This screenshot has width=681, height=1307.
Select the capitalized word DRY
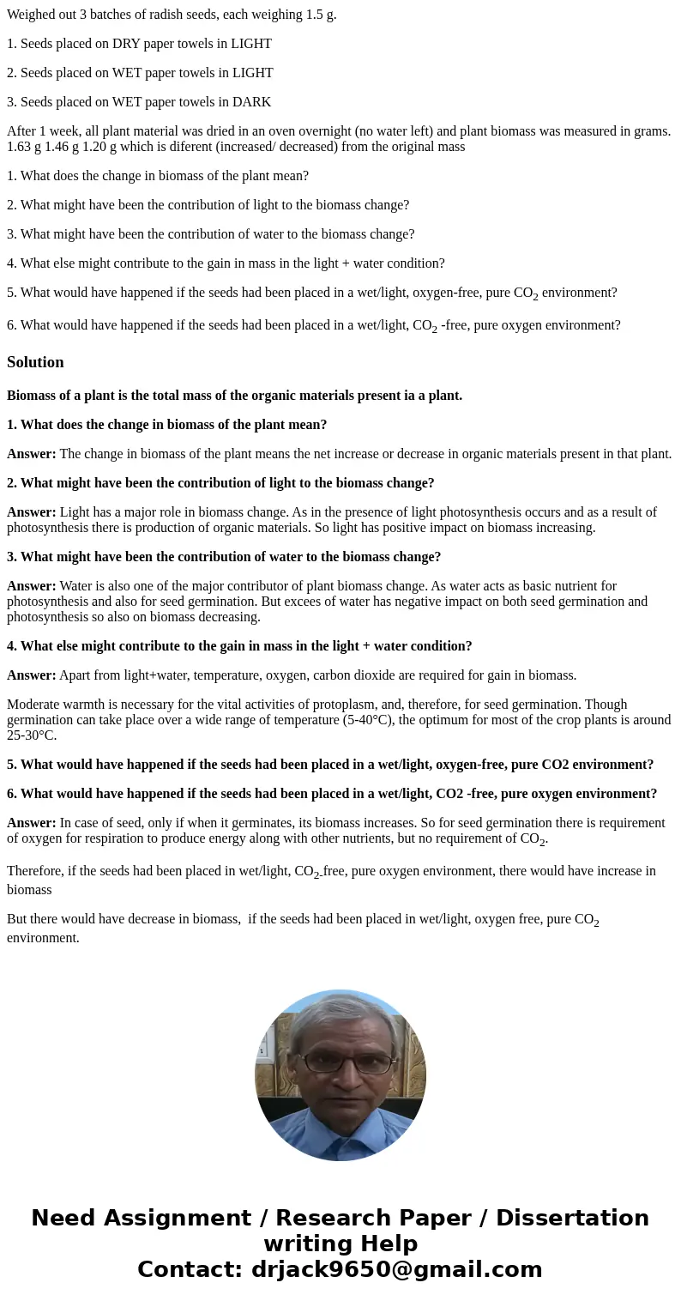pyautogui.click(x=127, y=43)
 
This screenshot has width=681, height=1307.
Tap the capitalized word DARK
pyautogui.click(x=254, y=101)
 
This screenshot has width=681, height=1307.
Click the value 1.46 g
pyautogui.click(x=71, y=146)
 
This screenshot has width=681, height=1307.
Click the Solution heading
pyautogui.click(x=35, y=362)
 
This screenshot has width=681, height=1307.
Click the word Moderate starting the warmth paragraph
pyautogui.click(x=33, y=704)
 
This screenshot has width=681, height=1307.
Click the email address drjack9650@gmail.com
pyautogui.click(x=396, y=1269)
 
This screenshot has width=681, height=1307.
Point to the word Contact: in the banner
pyautogui.click(x=190, y=1269)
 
